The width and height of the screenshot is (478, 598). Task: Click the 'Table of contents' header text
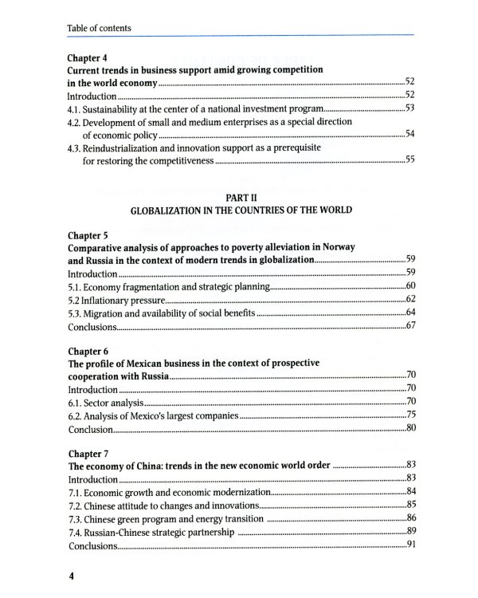click(x=100, y=29)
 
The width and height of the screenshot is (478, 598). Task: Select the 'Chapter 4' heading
click(x=87, y=57)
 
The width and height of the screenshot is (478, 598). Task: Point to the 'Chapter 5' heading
click(x=87, y=236)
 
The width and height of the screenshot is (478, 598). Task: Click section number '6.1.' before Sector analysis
click(x=77, y=403)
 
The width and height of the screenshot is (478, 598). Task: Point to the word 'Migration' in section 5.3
click(x=110, y=313)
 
